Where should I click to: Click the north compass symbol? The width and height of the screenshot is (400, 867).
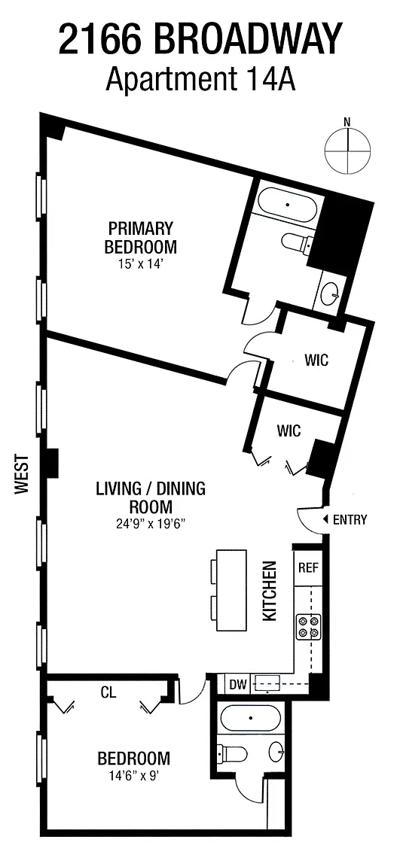[347, 149]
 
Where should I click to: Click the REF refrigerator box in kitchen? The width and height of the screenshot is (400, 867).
[308, 568]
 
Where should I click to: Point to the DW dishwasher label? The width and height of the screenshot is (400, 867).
[238, 685]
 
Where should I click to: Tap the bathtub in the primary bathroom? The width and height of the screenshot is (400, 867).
[288, 205]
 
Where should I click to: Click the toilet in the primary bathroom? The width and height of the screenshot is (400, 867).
[298, 241]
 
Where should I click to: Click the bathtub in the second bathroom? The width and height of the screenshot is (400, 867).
[251, 718]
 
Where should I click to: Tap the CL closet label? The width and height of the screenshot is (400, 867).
[108, 692]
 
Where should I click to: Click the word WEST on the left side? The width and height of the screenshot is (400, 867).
[22, 474]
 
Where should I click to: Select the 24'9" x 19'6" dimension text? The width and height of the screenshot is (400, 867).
[149, 522]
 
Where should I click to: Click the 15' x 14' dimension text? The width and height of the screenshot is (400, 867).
[141, 264]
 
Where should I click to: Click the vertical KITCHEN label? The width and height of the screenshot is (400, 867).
[269, 591]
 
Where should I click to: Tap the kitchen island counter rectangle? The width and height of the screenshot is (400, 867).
[231, 589]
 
